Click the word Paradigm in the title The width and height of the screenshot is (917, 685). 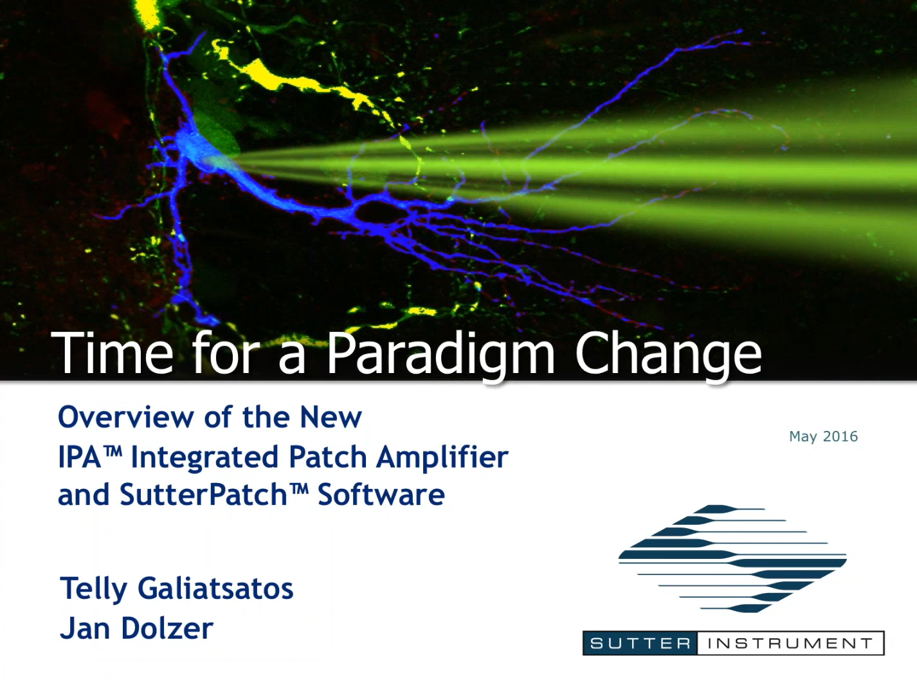[440, 353]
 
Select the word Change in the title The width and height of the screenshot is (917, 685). [668, 353]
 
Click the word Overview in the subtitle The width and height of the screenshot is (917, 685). [126, 417]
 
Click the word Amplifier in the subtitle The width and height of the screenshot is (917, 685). [442, 457]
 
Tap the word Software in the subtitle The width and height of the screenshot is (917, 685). [381, 495]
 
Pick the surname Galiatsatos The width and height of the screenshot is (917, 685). [215, 589]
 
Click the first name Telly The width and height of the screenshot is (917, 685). [94, 589]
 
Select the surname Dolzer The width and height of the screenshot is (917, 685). [167, 628]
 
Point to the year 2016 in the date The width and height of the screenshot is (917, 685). [840, 437]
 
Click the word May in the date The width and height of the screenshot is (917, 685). [803, 437]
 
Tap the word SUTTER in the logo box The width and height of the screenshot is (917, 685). [640, 643]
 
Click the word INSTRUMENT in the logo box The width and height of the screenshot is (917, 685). [790, 643]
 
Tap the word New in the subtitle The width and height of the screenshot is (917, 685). [331, 417]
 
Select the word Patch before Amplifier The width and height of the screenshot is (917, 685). [329, 457]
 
